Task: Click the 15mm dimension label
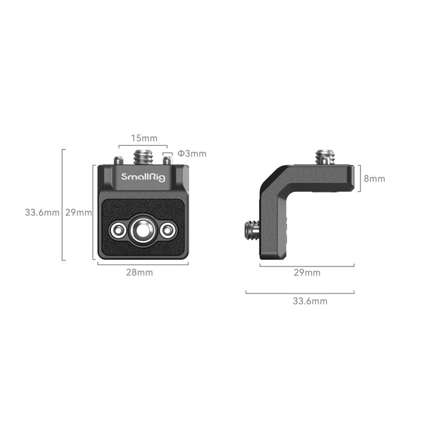coord(143,139)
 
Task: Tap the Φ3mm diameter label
coord(192,154)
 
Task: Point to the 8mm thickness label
coord(374,179)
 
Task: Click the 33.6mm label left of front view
coord(42,212)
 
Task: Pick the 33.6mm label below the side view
coord(310,301)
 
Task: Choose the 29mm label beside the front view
coord(78,212)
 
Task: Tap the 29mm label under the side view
coord(307,272)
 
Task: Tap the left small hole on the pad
coord(118,230)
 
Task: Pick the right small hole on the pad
coord(168,230)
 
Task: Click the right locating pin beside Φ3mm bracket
coord(167,160)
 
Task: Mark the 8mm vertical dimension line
coord(360,178)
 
